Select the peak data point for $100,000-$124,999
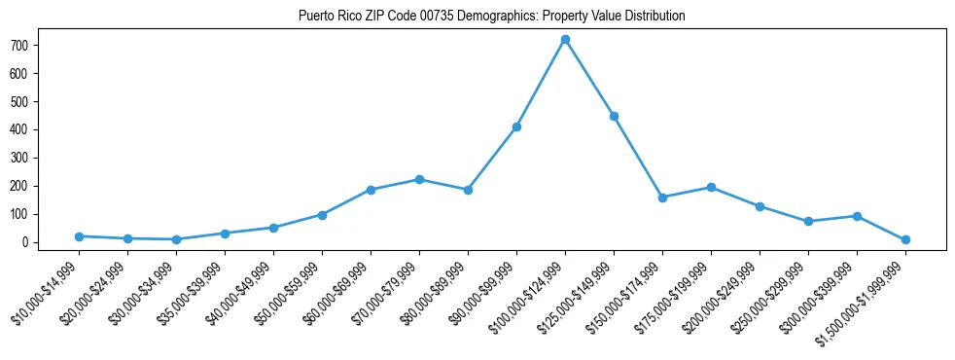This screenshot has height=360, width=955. click(565, 40)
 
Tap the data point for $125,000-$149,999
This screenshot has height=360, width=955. click(614, 116)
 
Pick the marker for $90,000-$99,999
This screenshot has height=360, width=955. click(516, 126)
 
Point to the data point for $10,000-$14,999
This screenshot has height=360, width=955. click(79, 236)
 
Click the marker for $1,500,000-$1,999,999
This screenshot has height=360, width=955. click(905, 239)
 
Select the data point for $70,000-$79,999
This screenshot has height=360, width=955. click(419, 179)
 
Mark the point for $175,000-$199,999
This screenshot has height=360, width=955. click(711, 187)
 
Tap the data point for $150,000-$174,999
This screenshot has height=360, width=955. click(662, 198)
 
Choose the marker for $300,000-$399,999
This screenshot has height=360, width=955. click(857, 216)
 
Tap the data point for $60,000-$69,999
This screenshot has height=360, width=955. click(371, 190)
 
